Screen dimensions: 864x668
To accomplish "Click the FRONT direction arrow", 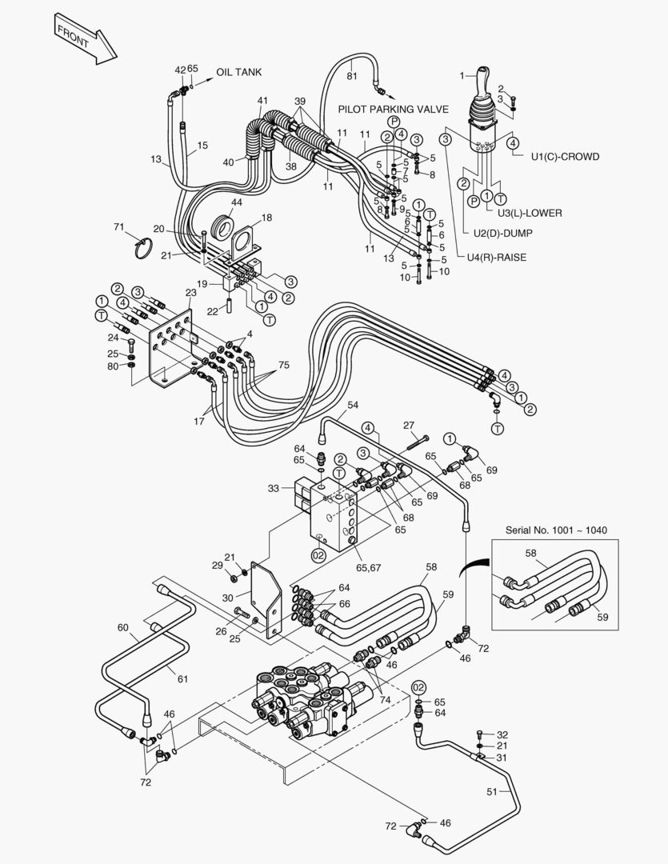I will (85, 39).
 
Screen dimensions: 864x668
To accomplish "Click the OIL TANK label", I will (238, 73).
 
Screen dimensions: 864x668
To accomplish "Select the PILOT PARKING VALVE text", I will (393, 109).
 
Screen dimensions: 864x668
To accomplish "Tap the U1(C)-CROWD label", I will (564, 157).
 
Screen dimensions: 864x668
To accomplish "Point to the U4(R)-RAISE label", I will (497, 257).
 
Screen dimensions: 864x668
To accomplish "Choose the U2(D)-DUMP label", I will (502, 233).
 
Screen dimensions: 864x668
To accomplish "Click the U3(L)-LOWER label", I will (529, 213).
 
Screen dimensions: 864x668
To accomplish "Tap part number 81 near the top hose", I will (351, 76).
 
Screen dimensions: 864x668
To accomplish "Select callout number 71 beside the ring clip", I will (119, 228).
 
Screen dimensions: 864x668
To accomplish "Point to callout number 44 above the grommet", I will (237, 202).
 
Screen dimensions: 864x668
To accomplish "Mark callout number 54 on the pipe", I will (353, 406).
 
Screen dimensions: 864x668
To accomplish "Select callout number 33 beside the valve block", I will (273, 488).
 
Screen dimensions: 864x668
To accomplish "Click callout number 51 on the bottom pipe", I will (493, 791).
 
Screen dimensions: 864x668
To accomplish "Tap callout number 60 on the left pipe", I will (122, 628).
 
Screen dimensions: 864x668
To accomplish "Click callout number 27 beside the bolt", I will (409, 425).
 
